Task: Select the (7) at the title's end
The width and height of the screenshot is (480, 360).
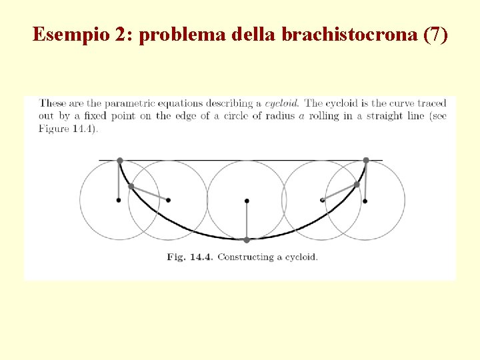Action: point(435,34)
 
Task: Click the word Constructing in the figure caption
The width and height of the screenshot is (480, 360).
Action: point(244,257)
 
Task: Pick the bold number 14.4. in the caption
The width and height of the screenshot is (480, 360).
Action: point(199,257)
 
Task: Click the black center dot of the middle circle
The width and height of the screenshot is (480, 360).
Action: point(247,200)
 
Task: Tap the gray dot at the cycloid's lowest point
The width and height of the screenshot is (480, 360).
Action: point(247,239)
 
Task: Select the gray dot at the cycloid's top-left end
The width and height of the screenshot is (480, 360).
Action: point(120,161)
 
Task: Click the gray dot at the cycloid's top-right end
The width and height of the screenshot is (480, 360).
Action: point(366,160)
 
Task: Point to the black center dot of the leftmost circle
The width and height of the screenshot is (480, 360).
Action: point(119,200)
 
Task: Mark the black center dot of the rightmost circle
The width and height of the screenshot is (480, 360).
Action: point(365,200)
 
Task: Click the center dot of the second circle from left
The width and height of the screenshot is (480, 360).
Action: point(168,200)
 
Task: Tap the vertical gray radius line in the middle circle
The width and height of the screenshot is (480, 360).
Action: point(247,220)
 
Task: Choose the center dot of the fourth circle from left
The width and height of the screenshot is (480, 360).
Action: point(323,199)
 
